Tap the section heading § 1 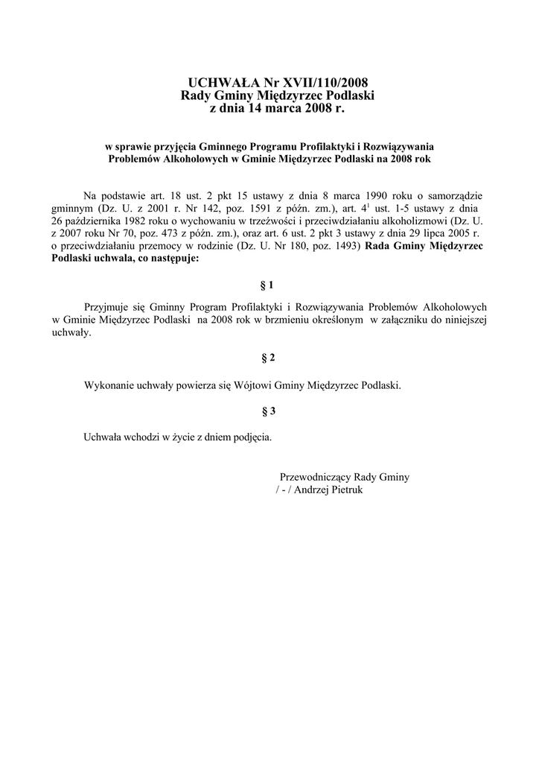(x=269, y=285)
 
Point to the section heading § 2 (x=269, y=358)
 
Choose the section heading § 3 (x=269, y=411)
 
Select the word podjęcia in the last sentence (x=252, y=437)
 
